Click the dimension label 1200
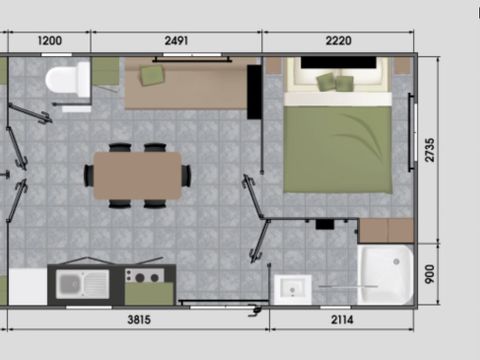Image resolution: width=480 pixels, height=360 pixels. [50, 41]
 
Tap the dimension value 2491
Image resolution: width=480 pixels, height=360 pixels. [176, 41]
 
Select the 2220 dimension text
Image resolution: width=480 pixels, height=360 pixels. [338, 41]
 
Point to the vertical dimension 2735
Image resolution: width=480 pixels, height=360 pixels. [430, 150]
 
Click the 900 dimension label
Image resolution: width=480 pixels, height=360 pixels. [430, 274]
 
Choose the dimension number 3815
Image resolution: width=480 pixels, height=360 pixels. [139, 320]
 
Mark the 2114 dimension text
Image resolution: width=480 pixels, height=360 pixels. [342, 320]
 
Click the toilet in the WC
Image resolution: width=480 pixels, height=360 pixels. [68, 80]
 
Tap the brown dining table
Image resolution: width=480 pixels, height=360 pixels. [137, 175]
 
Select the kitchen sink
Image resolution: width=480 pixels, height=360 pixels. [82, 284]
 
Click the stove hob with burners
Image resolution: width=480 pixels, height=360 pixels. [144, 276]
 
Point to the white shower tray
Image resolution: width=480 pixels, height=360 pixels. [385, 275]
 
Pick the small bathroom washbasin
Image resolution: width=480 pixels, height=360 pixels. [292, 289]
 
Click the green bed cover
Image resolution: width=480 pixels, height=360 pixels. [337, 149]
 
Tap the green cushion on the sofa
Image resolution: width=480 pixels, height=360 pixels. [152, 75]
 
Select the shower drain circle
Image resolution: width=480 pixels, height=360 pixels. [396, 262]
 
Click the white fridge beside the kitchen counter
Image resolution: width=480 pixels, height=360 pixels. [28, 287]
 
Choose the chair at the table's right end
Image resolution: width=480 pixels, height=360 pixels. [186, 175]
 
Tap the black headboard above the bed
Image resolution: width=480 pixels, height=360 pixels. [338, 62]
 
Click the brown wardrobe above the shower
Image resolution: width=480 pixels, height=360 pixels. [386, 231]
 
